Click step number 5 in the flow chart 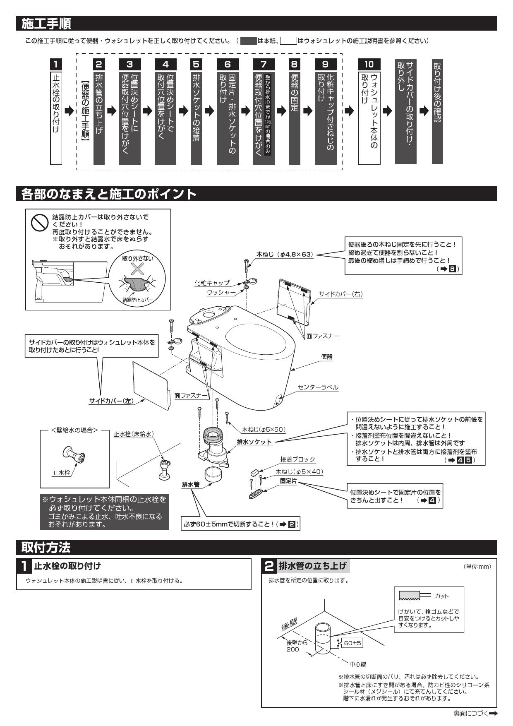[196, 64]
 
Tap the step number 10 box [369, 64]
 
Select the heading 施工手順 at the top [46, 24]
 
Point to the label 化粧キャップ [212, 283]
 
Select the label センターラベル [318, 387]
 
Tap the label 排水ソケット [254, 442]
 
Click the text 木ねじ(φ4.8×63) [285, 255]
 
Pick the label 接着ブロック [297, 459]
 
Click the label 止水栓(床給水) [134, 434]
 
